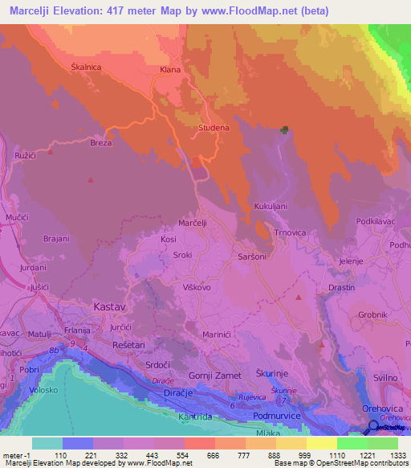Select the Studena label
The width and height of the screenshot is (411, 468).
pyautogui.click(x=214, y=127)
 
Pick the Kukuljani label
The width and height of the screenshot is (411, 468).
pyautogui.click(x=271, y=207)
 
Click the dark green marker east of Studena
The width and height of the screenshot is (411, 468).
pyautogui.click(x=284, y=130)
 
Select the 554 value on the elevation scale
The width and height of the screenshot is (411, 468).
pyautogui.click(x=168, y=454)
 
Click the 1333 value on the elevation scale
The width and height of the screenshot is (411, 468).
pyautogui.click(x=387, y=454)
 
